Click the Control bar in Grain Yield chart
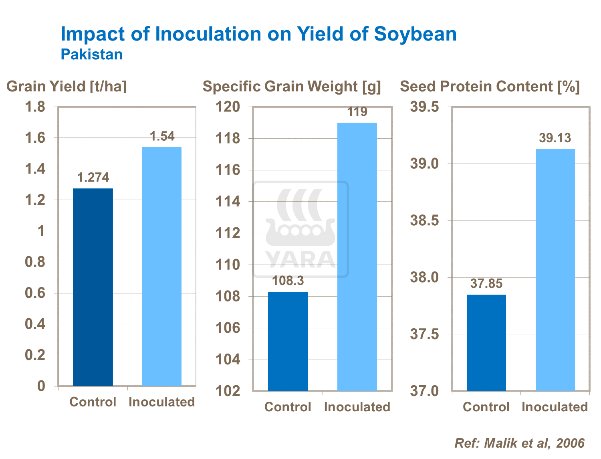[93, 287]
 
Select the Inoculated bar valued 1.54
[162, 267]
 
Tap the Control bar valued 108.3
[288, 341]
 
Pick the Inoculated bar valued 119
[357, 257]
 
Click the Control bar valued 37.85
[486, 343]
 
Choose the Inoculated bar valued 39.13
[555, 270]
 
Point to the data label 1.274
[93, 178]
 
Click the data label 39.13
[555, 138]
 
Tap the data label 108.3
[288, 281]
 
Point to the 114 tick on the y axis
[228, 202]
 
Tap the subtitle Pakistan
[92, 55]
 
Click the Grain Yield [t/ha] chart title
[67, 87]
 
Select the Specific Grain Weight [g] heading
[292, 87]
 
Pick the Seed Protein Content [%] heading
[490, 87]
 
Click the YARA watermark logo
[300, 229]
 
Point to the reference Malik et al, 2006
[519, 443]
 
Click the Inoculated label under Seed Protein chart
[555, 407]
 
